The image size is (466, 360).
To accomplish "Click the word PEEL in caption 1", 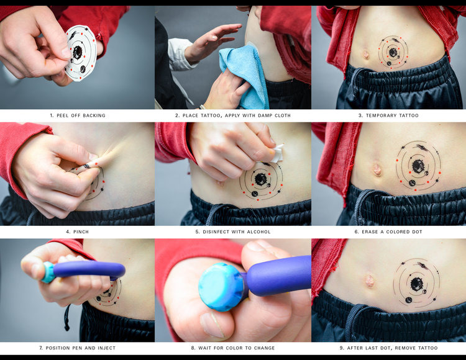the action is click(62, 115).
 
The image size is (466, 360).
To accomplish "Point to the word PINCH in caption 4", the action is click(81, 232).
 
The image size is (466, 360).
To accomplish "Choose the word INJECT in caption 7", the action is click(106, 348).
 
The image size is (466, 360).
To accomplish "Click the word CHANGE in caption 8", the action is click(264, 348).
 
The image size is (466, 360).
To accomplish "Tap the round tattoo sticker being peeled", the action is click(81, 53).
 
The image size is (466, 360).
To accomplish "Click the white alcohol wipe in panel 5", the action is click(276, 153).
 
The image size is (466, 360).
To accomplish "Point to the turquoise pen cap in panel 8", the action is click(221, 287).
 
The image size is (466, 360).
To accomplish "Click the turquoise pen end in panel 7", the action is click(48, 272).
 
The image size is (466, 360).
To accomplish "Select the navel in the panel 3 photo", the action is click(365, 55).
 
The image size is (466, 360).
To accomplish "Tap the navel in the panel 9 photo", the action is click(369, 281).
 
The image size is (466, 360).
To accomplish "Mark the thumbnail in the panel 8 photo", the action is click(212, 325).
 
